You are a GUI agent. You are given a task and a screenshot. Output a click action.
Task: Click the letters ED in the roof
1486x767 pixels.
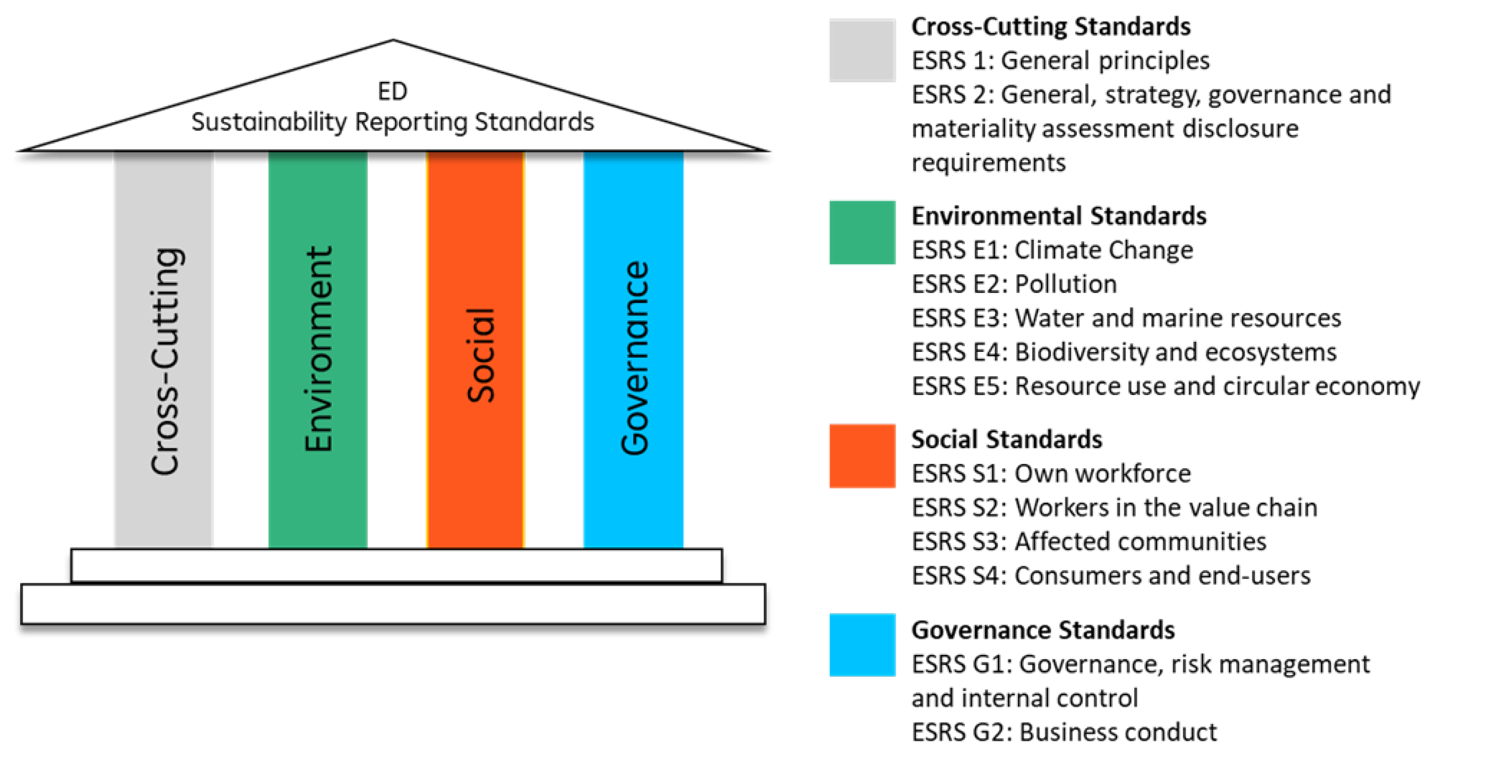tap(392, 91)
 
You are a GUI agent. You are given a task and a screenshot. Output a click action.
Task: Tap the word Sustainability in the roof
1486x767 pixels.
tap(269, 123)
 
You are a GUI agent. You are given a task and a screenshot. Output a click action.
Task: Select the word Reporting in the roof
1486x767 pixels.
tap(411, 123)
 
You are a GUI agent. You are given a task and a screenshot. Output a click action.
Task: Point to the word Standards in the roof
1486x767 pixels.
tap(534, 123)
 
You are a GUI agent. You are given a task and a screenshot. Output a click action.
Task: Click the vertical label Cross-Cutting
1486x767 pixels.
tap(166, 361)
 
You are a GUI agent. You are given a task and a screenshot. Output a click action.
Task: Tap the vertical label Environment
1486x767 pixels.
tap(318, 349)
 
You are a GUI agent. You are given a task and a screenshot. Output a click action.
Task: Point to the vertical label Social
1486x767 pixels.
tap(480, 356)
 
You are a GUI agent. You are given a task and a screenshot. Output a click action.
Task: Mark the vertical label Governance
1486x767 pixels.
tap(635, 358)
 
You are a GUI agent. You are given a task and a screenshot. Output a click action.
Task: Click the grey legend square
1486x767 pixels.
tap(862, 50)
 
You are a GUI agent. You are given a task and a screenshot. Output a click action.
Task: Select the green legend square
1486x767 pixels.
tap(862, 232)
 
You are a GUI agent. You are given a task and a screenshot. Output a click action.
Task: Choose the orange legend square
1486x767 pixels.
tap(862, 456)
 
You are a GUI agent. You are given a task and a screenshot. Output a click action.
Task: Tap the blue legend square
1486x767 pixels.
tap(862, 644)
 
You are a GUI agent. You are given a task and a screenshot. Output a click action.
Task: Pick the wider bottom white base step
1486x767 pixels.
tap(393, 604)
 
